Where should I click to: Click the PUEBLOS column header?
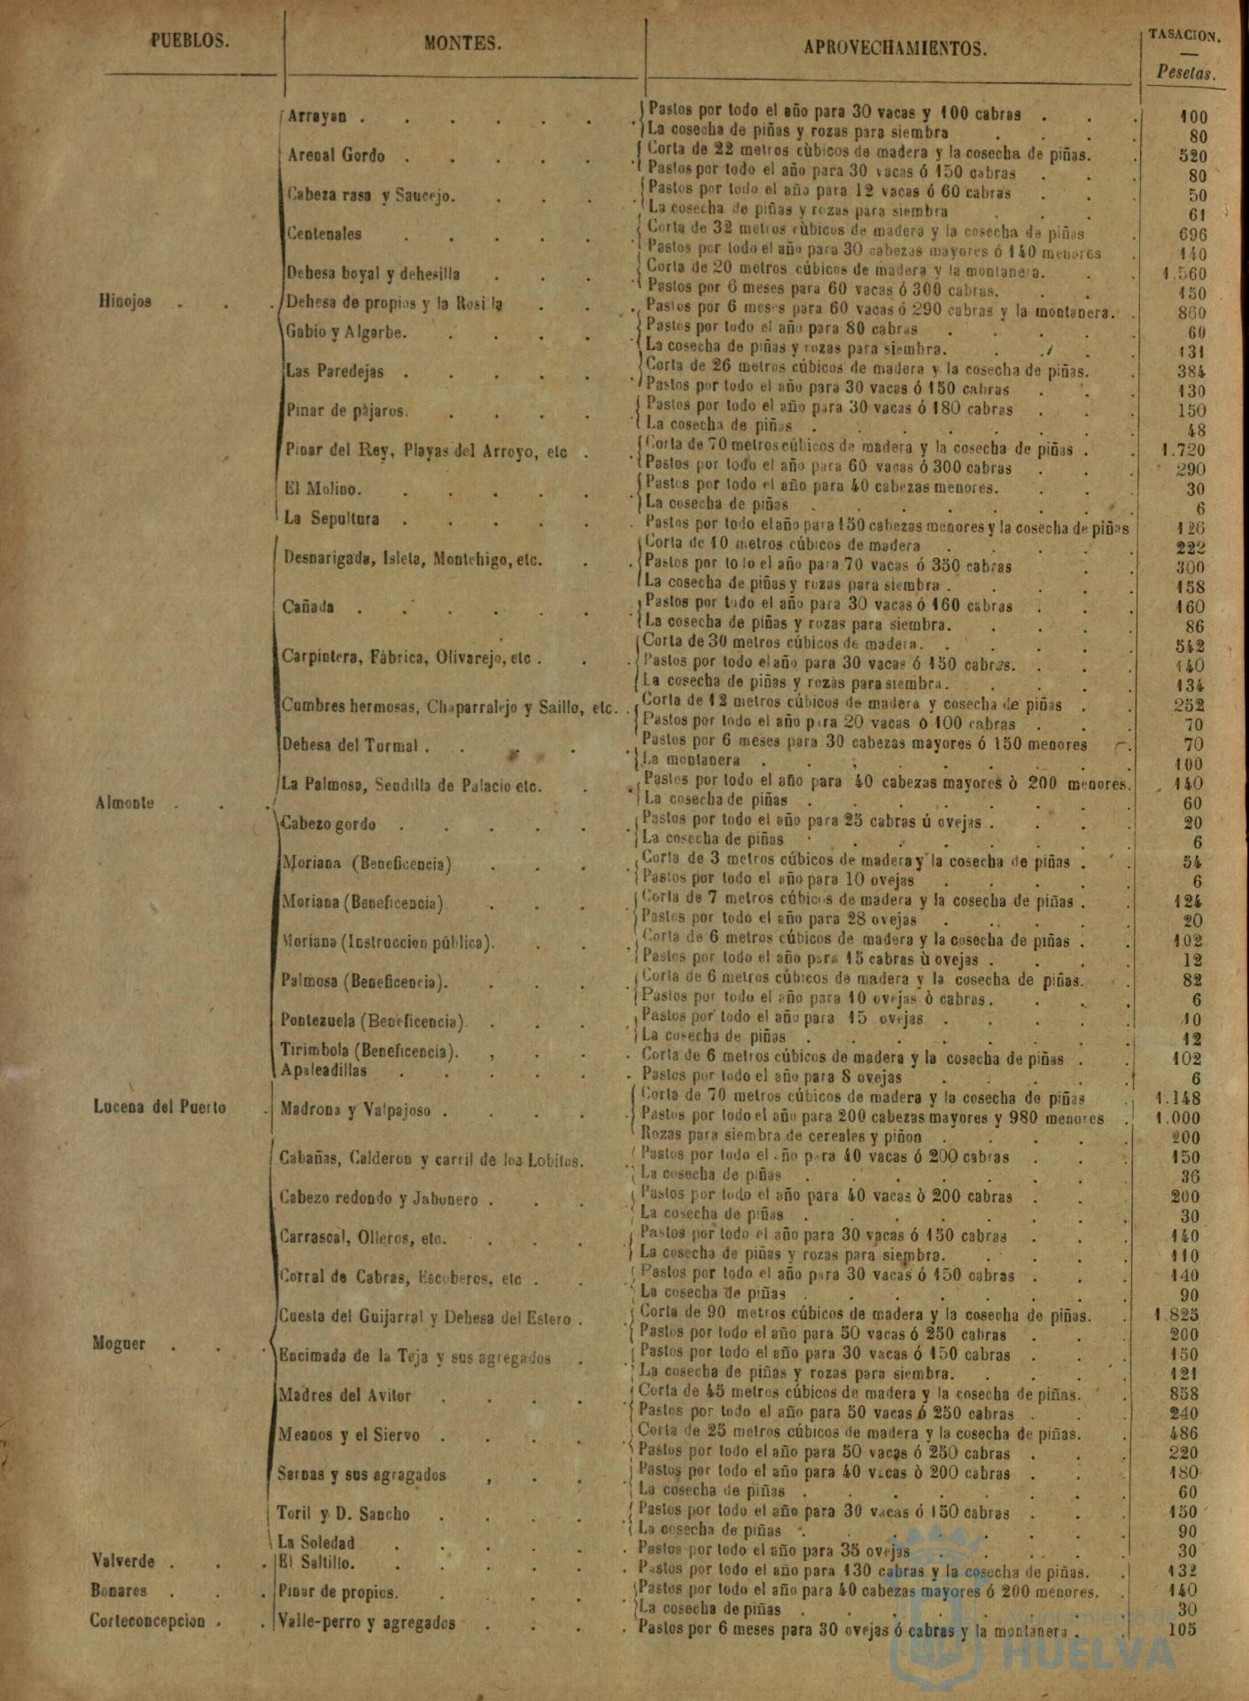(x=190, y=41)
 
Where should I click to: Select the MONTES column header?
(x=462, y=43)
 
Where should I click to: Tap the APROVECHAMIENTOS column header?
(x=895, y=49)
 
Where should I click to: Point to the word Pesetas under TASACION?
(x=1186, y=74)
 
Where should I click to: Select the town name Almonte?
(x=123, y=804)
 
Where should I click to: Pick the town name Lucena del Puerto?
(x=159, y=1107)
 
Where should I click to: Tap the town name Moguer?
(x=119, y=1343)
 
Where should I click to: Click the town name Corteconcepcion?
(x=147, y=1620)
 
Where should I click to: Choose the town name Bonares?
(x=119, y=1590)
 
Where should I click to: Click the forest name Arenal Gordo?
(x=337, y=156)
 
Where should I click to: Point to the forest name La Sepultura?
(x=331, y=519)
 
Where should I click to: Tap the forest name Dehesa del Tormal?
(x=349, y=745)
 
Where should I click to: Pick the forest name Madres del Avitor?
(x=345, y=1395)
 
